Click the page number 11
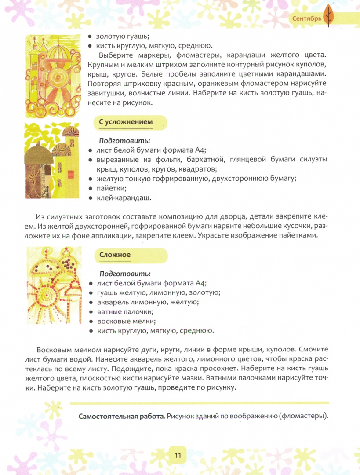[178, 455]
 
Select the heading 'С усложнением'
[126, 122]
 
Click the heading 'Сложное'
[115, 255]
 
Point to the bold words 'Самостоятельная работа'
[121, 416]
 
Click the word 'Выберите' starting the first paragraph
[116, 55]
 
